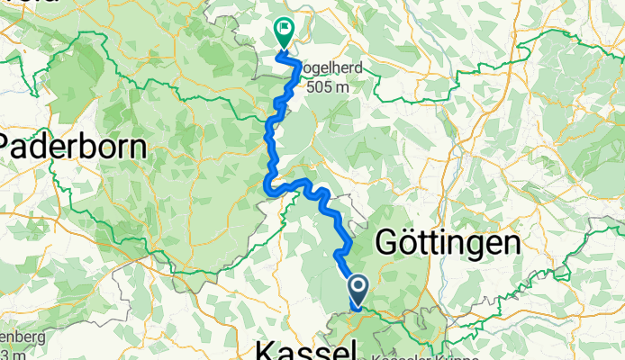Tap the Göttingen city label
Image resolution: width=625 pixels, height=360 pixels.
coord(447,243)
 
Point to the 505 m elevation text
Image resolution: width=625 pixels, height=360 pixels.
coord(327,87)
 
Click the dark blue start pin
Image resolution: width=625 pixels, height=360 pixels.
coord(358,291)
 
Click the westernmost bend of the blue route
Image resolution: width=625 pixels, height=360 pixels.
coord(267,185)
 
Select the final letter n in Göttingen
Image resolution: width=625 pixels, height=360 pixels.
coord(511,243)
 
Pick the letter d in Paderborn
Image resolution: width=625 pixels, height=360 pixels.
coord(48,146)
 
